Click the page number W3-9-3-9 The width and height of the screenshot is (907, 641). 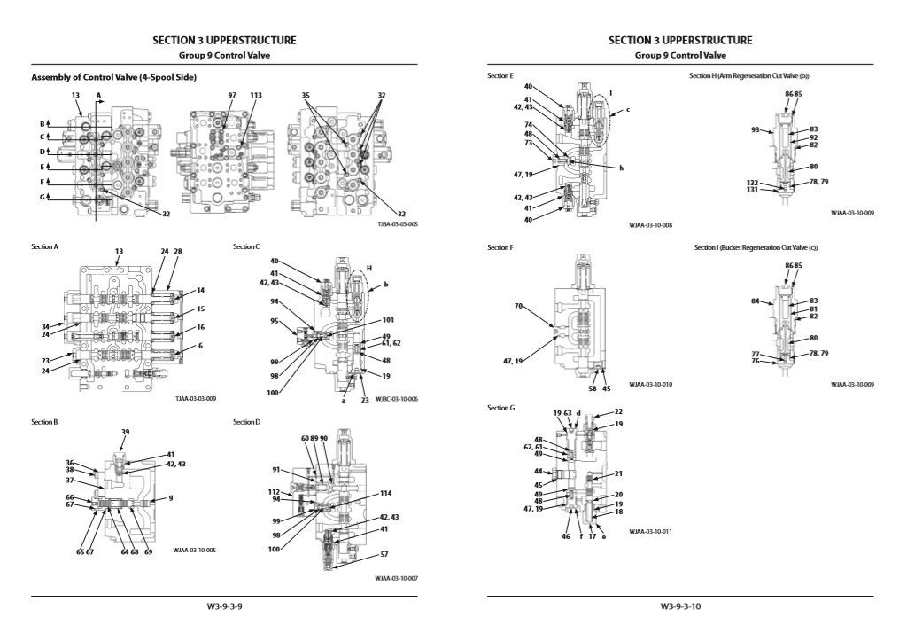(x=225, y=607)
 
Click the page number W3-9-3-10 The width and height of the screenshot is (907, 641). (x=680, y=607)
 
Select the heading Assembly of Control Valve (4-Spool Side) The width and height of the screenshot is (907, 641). (x=113, y=78)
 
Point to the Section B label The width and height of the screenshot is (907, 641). (x=44, y=422)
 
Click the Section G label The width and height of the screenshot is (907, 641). (x=500, y=408)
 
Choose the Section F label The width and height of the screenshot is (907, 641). (x=500, y=247)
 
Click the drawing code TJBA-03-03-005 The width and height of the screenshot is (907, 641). (x=398, y=224)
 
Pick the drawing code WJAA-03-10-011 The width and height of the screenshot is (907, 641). (x=651, y=532)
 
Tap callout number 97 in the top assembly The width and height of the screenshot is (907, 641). (x=232, y=95)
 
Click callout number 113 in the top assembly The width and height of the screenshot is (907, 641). (x=256, y=95)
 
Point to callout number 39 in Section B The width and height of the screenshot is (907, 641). (x=125, y=432)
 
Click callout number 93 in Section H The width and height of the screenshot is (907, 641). (x=756, y=130)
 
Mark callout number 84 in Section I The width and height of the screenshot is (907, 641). (x=756, y=301)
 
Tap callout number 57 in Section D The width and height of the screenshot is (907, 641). (x=384, y=554)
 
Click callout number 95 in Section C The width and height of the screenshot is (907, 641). (x=275, y=321)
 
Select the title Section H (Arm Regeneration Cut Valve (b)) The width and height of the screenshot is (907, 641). (x=748, y=76)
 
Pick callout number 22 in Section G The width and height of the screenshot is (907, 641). (x=618, y=412)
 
